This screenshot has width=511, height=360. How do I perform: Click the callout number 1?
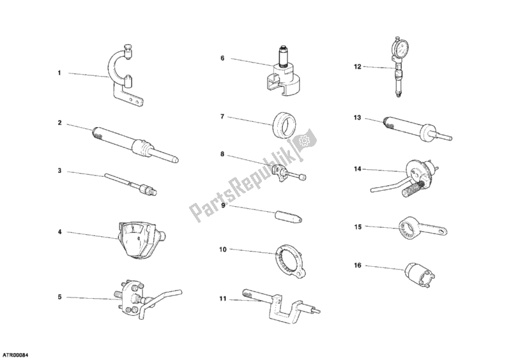[59, 73]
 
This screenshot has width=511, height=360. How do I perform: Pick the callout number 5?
[59, 297]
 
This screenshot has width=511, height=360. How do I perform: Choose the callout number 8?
[222, 154]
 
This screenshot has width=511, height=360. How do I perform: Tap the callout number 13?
[358, 117]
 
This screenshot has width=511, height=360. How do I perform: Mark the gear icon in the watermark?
[304, 138]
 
